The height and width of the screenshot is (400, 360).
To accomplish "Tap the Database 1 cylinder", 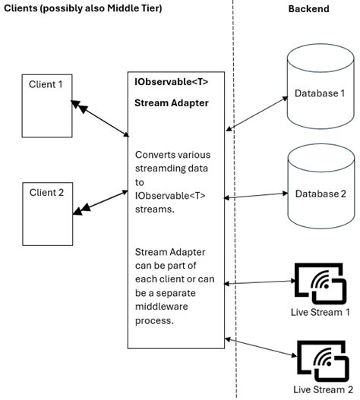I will coord(320,95).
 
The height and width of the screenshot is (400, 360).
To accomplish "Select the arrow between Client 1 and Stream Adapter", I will coord(98,118).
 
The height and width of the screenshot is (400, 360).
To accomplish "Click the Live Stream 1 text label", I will coord(321,312).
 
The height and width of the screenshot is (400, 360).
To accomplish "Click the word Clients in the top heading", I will coord(24,8).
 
